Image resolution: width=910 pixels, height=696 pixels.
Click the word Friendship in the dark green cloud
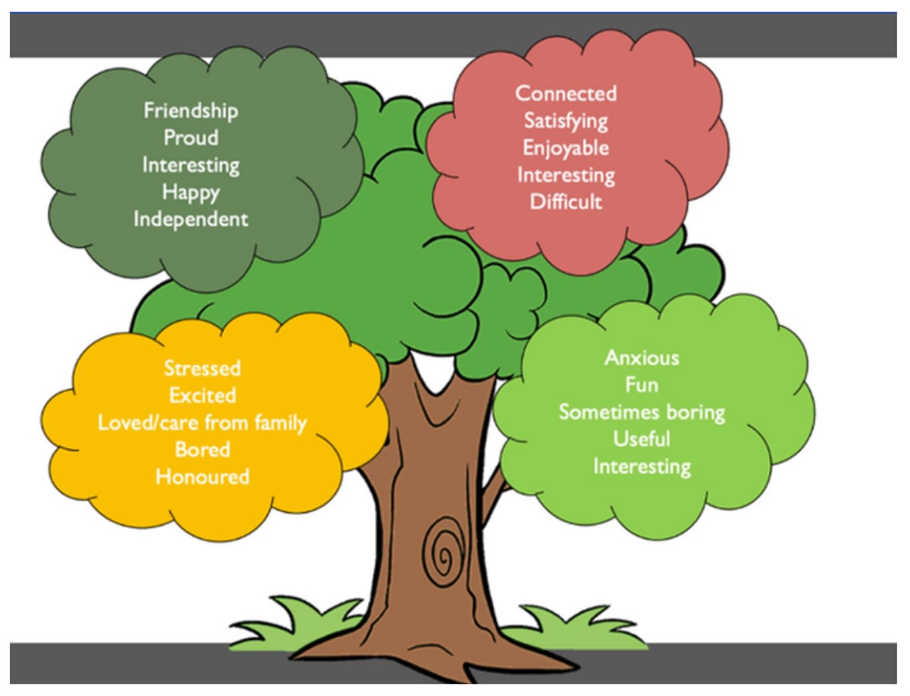tap(191, 110)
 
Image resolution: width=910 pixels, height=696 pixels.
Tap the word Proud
tap(191, 137)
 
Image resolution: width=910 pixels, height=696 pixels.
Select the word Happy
tap(191, 192)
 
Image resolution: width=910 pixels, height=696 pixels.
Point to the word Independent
tap(191, 219)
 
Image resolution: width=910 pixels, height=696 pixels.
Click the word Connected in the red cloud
tap(566, 93)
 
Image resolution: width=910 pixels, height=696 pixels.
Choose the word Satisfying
tap(566, 121)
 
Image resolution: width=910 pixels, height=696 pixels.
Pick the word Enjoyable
tap(566, 148)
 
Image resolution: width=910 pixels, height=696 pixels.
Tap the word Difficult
tap(566, 201)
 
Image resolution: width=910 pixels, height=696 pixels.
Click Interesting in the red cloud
tap(566, 175)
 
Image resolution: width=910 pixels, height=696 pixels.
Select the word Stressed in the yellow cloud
tap(202, 368)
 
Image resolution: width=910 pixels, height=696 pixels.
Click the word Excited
tap(202, 395)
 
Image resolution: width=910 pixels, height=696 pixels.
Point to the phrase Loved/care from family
tap(202, 423)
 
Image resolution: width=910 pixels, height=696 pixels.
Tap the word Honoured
tap(202, 476)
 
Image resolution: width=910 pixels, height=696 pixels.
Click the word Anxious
tap(641, 358)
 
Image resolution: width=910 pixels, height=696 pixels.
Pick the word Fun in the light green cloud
tap(641, 384)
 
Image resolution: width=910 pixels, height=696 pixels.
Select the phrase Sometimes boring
tap(641, 412)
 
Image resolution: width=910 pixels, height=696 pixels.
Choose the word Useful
tap(641, 439)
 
